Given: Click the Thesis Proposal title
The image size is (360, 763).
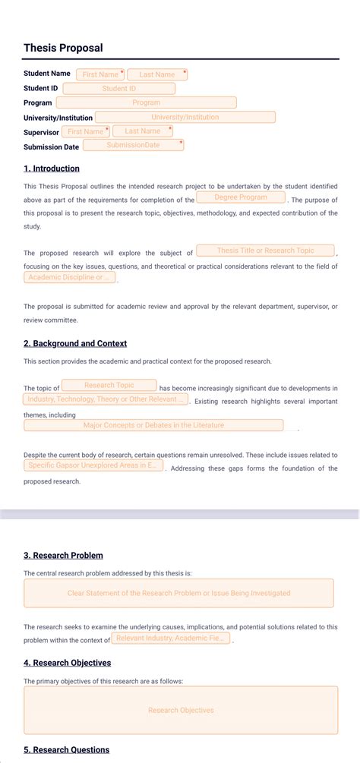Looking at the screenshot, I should click(63, 48).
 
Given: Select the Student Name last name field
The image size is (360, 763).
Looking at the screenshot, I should click(156, 74).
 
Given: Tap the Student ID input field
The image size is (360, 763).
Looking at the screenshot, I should click(118, 89).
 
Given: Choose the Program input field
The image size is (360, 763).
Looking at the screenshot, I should click(146, 102).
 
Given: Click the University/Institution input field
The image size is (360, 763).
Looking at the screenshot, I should click(185, 117).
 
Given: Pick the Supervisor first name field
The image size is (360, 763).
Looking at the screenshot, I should click(85, 131).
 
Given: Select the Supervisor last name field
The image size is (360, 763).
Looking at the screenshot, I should click(142, 131).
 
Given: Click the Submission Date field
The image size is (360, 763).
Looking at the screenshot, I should click(133, 145).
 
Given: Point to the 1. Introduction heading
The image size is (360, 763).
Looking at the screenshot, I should click(52, 169).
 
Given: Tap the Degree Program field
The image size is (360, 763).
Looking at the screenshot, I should click(241, 197).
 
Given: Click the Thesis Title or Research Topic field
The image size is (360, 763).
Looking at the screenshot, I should click(265, 251).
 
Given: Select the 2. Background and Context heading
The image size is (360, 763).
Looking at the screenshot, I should click(75, 343).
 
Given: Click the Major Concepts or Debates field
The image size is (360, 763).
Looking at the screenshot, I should click(153, 425).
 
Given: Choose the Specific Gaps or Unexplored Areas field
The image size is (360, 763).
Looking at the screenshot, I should click(93, 465).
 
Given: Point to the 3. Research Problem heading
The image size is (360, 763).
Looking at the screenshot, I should click(63, 555).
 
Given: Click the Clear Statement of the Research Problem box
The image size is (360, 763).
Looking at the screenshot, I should click(178, 593).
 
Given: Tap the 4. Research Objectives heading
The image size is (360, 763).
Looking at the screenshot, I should click(67, 663).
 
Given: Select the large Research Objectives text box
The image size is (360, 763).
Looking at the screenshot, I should click(181, 710).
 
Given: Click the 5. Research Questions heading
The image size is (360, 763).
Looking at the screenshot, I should click(66, 750).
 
